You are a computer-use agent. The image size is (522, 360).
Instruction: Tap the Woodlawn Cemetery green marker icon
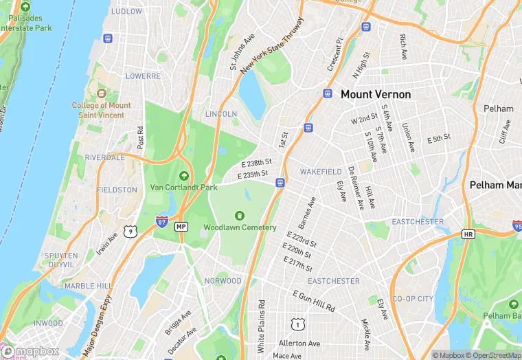pos(240,216)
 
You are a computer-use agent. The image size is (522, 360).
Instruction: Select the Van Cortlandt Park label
pos(184,187)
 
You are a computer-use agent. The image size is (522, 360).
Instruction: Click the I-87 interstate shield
pos(161,223)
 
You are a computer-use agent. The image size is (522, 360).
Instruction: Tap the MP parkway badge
pos(181,226)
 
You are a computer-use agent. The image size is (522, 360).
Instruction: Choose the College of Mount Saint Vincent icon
pos(102,93)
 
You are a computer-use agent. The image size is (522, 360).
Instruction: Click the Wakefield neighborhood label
pos(321,171)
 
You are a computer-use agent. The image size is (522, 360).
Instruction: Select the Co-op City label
pos(412,299)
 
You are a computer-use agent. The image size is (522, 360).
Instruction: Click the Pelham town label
pos(498,109)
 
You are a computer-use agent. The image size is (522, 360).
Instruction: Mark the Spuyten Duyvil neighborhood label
pos(60,260)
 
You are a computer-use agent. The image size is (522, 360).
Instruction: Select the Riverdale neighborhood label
pos(105,157)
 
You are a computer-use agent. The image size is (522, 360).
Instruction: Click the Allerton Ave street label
pos(299,343)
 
